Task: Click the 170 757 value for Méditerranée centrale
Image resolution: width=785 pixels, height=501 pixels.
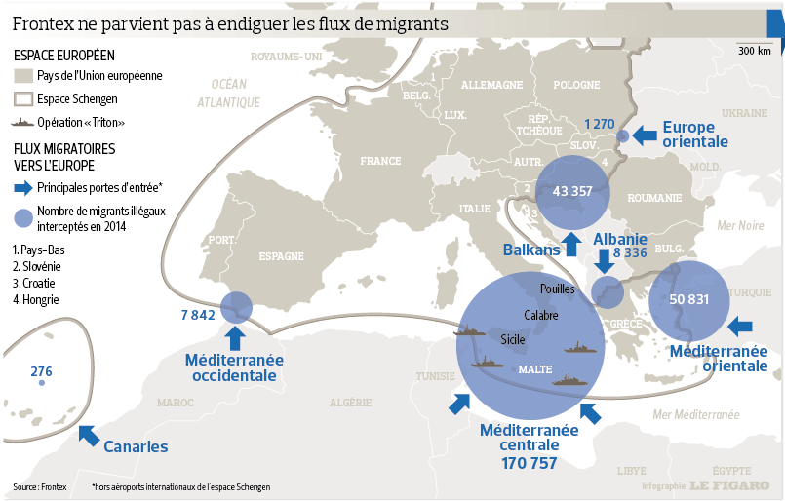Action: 530,463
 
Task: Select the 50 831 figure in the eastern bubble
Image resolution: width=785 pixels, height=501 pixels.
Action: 689,299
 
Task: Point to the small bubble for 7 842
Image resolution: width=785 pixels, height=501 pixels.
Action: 236,308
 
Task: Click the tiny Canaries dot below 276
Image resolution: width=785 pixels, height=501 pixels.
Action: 41,383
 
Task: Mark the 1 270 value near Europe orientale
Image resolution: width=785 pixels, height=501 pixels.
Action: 599,124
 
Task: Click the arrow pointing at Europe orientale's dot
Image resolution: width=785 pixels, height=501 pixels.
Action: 644,135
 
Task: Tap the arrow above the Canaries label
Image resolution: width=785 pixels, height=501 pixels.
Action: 89,435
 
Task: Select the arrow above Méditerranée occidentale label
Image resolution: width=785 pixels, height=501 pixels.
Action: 234,337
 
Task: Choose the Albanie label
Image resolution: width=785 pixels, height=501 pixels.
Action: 620,239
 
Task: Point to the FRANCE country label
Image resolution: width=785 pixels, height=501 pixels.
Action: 379,161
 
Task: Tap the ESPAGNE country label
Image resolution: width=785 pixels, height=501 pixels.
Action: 282,257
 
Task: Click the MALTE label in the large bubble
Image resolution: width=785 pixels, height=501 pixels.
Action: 535,369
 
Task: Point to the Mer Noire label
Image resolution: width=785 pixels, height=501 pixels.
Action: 740,225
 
